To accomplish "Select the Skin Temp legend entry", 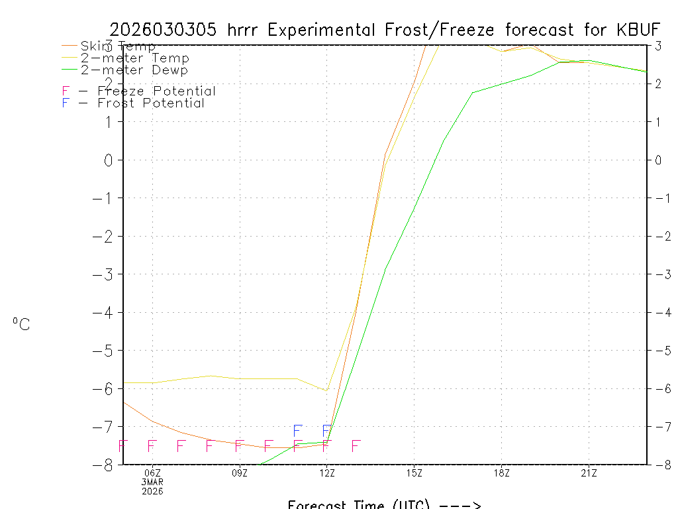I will pos(118,46).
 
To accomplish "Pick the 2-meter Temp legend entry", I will pos(134,58).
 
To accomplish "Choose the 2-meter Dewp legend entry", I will pos(134,70).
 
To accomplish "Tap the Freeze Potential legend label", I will pos(156,91).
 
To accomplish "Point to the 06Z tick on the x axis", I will pos(153,473).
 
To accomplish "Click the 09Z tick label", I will pos(240,473).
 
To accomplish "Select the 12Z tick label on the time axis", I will pos(327,473).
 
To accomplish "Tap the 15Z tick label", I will pos(414,473).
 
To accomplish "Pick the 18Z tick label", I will pos(501,473).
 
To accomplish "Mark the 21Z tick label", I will pos(589,473).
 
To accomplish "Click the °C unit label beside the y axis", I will pos(21,324).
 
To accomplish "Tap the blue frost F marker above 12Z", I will pos(326,431).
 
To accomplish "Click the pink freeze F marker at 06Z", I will pos(152,445).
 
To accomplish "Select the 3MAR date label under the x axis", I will pos(153,482).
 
